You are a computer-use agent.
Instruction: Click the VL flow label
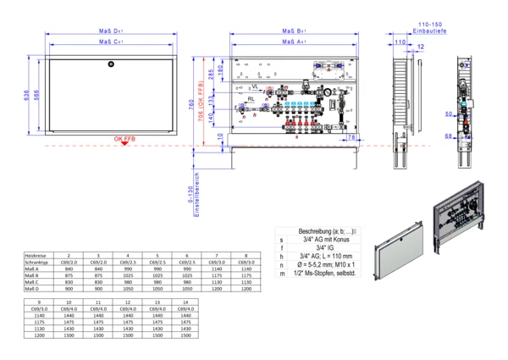(x=253, y=86)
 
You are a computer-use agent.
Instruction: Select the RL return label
(x=251, y=100)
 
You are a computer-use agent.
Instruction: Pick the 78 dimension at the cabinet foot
(x=352, y=136)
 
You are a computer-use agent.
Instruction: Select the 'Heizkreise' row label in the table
(x=36, y=255)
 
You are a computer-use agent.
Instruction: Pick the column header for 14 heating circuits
(x=186, y=302)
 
